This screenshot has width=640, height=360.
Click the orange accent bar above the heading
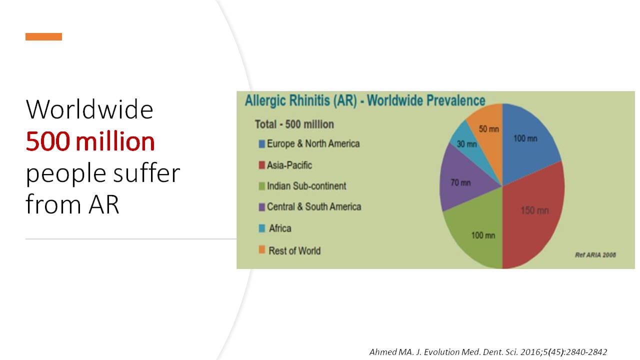pyautogui.click(x=43, y=36)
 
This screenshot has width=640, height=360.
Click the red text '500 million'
pyautogui.click(x=90, y=141)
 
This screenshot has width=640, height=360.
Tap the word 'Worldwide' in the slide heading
pyautogui.click(x=89, y=109)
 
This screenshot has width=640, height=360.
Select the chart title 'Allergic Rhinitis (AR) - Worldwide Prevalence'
pyautogui.click(x=365, y=100)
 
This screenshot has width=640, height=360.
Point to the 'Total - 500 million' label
pyautogui.click(x=294, y=124)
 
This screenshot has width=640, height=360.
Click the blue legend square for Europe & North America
pyautogui.click(x=261, y=144)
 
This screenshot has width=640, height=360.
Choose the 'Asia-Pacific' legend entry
pyautogui.click(x=285, y=165)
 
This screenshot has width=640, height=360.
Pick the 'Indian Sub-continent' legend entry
pyautogui.click(x=302, y=186)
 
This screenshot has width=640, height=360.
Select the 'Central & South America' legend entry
pyautogui.click(x=309, y=206)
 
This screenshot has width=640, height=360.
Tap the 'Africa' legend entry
pyautogui.click(x=275, y=228)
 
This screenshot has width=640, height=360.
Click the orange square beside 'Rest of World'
pyautogui.click(x=261, y=249)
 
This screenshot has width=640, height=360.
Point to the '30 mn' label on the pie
pyautogui.click(x=466, y=144)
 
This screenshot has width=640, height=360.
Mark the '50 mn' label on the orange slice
pyautogui.click(x=489, y=129)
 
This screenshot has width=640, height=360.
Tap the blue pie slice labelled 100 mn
pyautogui.click(x=528, y=143)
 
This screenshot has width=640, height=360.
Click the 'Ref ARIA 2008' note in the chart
pyautogui.click(x=595, y=255)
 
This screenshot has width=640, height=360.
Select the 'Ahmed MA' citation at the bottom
pyautogui.click(x=488, y=351)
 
